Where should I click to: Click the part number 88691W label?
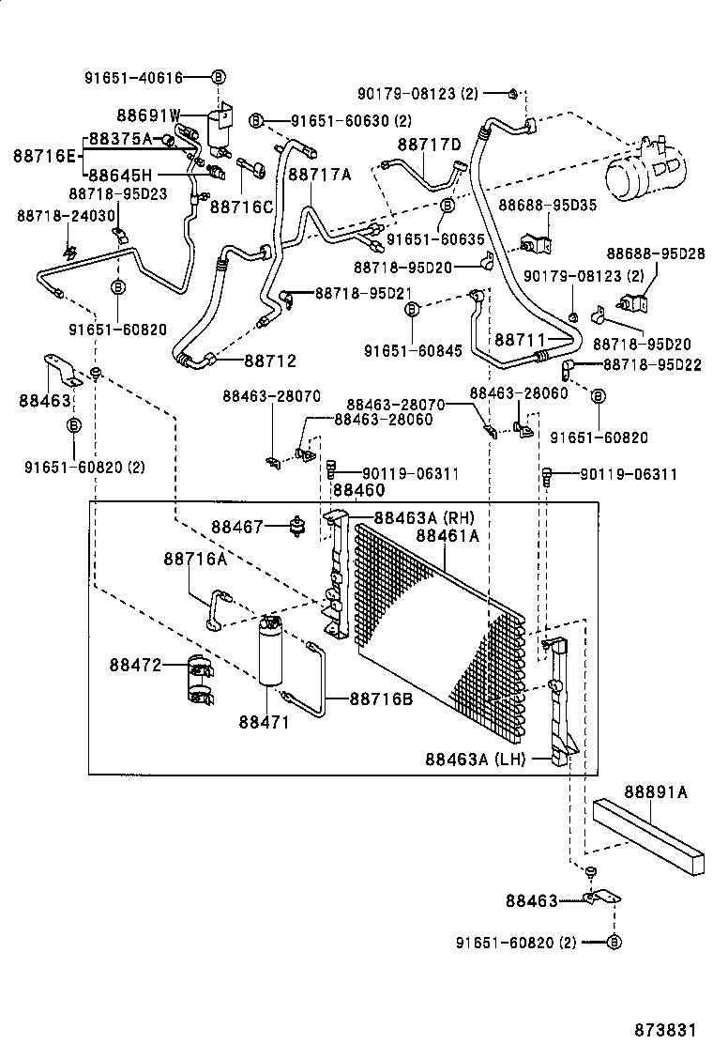coord(148,115)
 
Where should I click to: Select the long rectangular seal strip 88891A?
coord(647,832)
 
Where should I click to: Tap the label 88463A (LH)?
coord(475,758)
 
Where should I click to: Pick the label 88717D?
coord(429,145)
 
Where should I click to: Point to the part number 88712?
coord(270,361)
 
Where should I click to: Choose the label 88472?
coord(136,665)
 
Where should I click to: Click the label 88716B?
coord(381,699)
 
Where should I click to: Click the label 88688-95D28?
coord(653,253)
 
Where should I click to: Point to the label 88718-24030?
coord(65,216)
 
